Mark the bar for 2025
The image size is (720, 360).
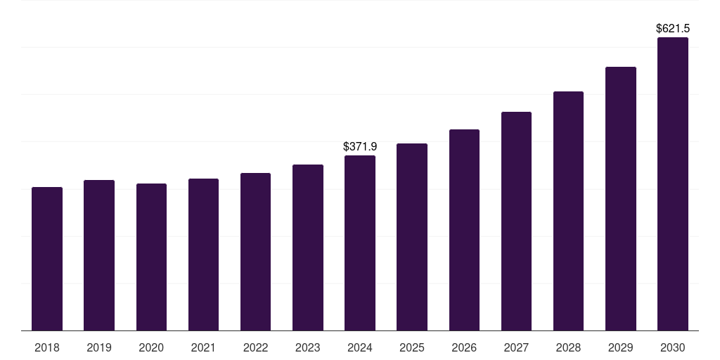pos(412,237)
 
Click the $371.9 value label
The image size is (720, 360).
pos(360,146)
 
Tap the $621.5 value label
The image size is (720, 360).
pos(673,29)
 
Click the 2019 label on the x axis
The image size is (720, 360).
pos(99,347)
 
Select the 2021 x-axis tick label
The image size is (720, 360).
pos(203,347)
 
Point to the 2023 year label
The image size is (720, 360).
pos(307,347)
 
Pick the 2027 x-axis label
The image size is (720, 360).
pos(516,347)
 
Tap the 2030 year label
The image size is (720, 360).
pos(673,347)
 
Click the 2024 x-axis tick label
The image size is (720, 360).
pos(360,347)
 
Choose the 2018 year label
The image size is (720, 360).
pos(47,347)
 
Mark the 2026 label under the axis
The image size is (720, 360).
pos(464,347)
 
